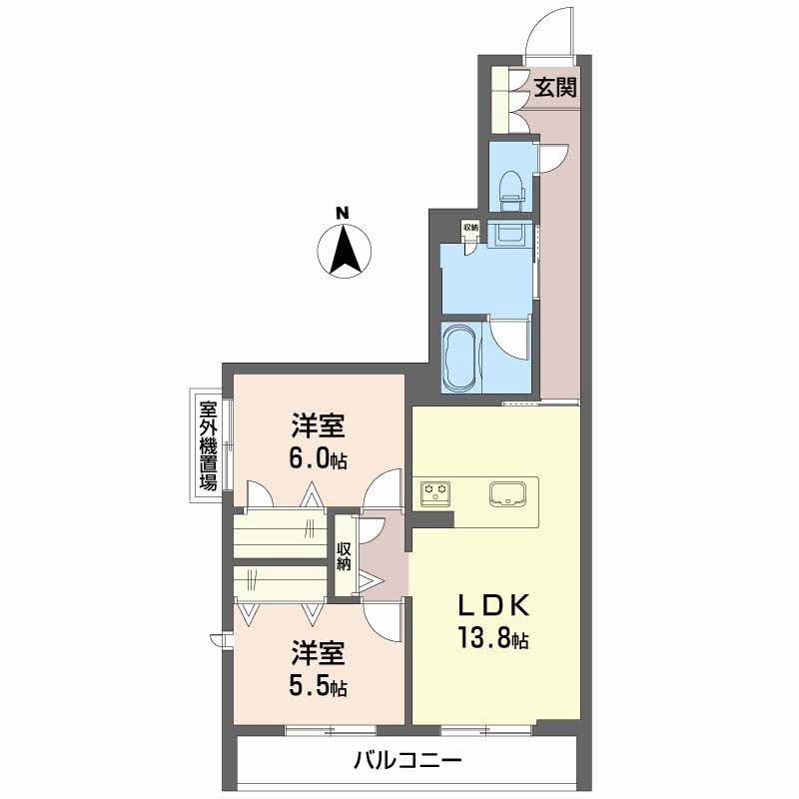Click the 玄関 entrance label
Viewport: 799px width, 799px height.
click(x=555, y=88)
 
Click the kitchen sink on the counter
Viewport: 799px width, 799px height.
click(x=507, y=492)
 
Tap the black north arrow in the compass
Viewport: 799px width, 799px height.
click(x=345, y=250)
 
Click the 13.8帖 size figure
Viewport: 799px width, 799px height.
click(x=492, y=637)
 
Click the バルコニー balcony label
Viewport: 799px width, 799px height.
click(x=407, y=761)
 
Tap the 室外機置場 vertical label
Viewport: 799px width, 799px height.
click(x=208, y=445)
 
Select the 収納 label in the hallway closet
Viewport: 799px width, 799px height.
click(x=343, y=556)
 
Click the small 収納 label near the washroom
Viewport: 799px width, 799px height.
click(x=470, y=228)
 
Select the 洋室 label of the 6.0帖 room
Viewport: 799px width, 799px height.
click(x=319, y=425)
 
